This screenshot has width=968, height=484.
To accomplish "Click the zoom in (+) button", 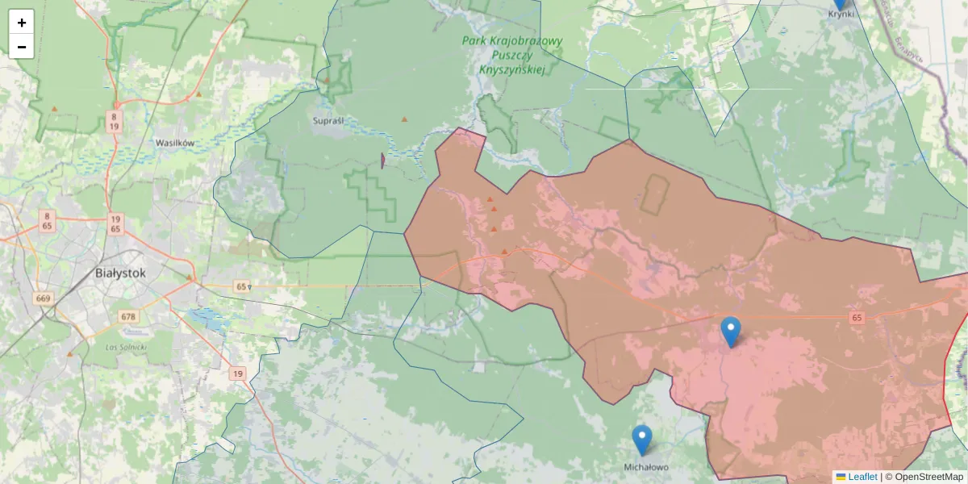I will [x=22, y=23].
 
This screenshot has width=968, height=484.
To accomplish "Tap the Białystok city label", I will [x=120, y=273].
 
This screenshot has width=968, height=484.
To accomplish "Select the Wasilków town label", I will [x=175, y=143].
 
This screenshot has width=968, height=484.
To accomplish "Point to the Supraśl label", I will [x=328, y=120].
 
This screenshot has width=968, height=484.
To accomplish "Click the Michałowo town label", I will [x=646, y=467].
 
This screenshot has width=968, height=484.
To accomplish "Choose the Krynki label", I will [x=841, y=14].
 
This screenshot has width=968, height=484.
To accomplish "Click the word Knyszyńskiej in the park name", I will [x=512, y=70].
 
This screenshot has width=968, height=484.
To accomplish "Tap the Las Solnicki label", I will [x=126, y=346].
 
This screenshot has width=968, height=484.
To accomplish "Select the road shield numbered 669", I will [x=44, y=298].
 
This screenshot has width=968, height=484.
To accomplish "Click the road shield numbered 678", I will [x=127, y=316].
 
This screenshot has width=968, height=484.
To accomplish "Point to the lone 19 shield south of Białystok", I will [x=237, y=373].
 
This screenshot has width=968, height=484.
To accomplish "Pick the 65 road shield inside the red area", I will [x=857, y=319].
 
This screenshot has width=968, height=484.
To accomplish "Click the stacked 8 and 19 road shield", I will [x=115, y=122].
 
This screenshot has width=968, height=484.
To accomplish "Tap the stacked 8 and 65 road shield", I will [x=47, y=222].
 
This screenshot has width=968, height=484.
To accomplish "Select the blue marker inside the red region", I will [x=730, y=332].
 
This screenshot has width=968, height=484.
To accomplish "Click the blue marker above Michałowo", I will [x=641, y=440].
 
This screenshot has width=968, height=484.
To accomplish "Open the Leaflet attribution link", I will [x=862, y=477].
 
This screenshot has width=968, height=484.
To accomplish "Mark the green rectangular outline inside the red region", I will [x=654, y=194].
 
